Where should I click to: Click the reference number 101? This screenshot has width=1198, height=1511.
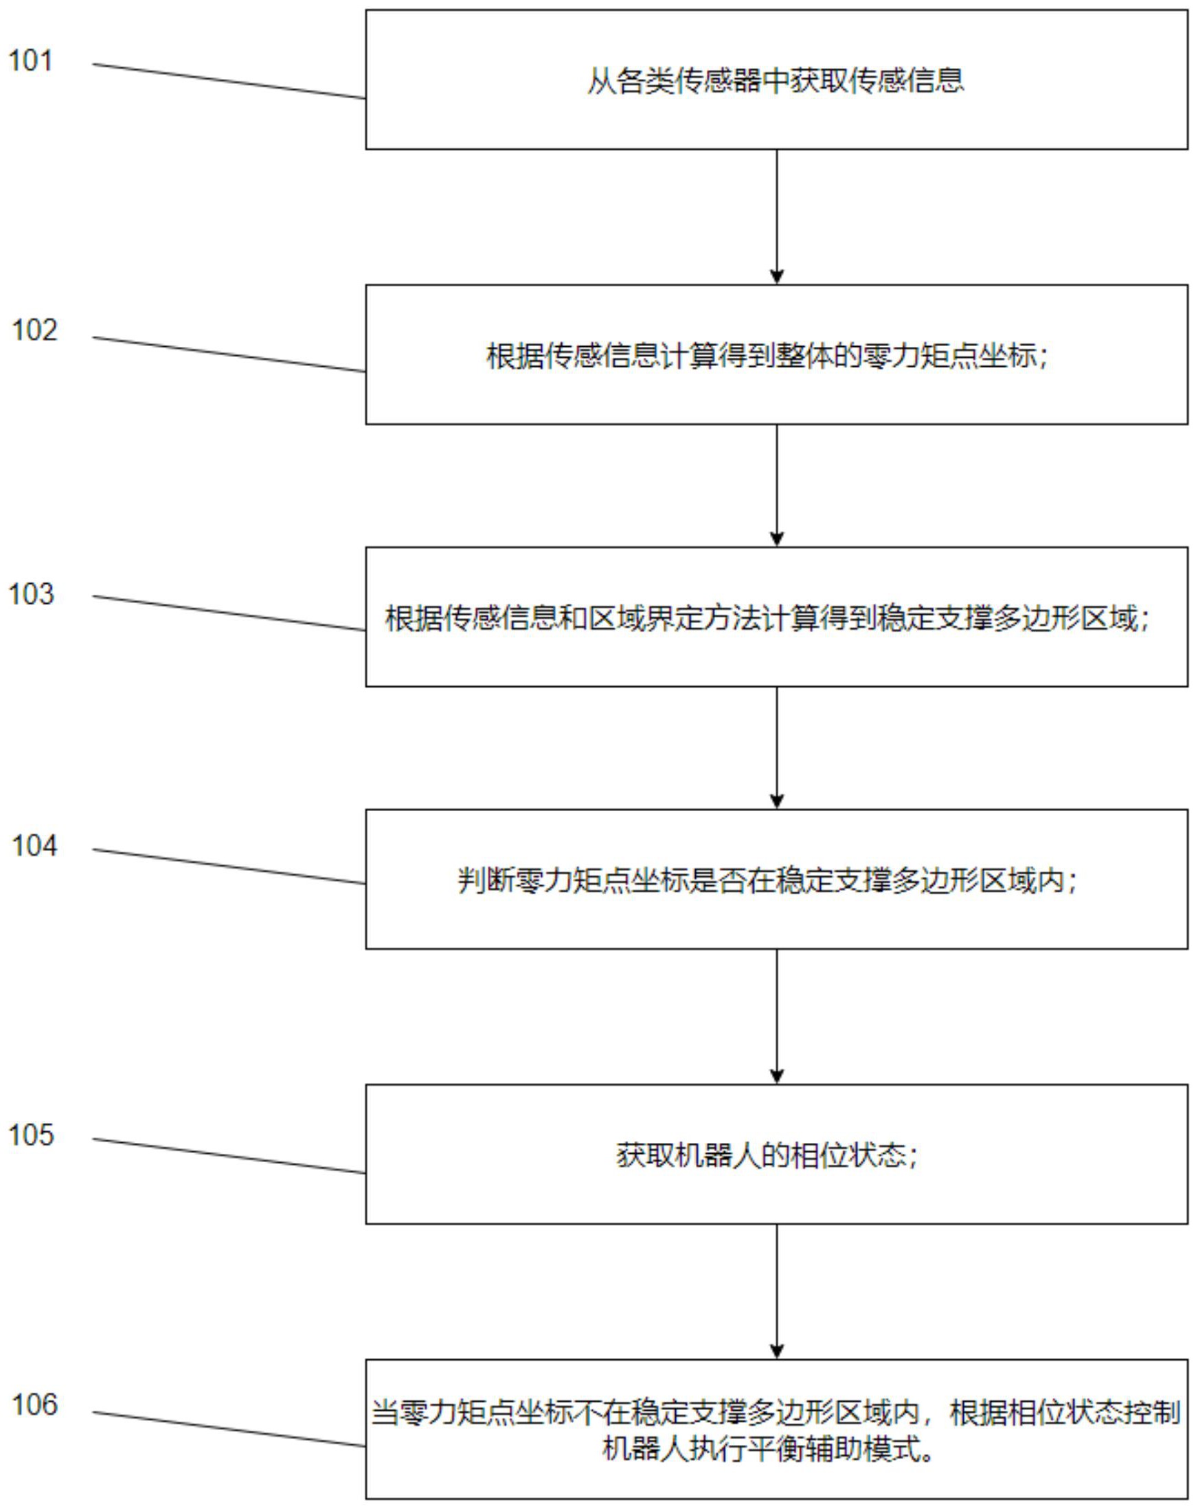point(30,61)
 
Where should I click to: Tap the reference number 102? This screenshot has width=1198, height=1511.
point(34,331)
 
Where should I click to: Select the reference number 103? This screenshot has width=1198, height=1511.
point(31,594)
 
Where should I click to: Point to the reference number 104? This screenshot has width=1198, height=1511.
point(34,846)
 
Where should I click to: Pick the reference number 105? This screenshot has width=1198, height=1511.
point(31,1135)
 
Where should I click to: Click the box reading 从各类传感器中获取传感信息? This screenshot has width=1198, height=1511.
point(776,80)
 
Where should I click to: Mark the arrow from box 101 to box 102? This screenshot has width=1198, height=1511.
point(776,216)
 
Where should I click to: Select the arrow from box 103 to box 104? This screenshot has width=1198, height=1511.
point(776,748)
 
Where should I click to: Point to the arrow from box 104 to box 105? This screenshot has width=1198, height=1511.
point(776,1016)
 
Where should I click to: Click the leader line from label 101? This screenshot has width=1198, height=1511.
point(229,81)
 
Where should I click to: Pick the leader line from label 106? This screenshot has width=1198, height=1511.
point(229,1429)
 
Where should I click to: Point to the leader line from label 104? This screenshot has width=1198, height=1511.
point(229,866)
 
